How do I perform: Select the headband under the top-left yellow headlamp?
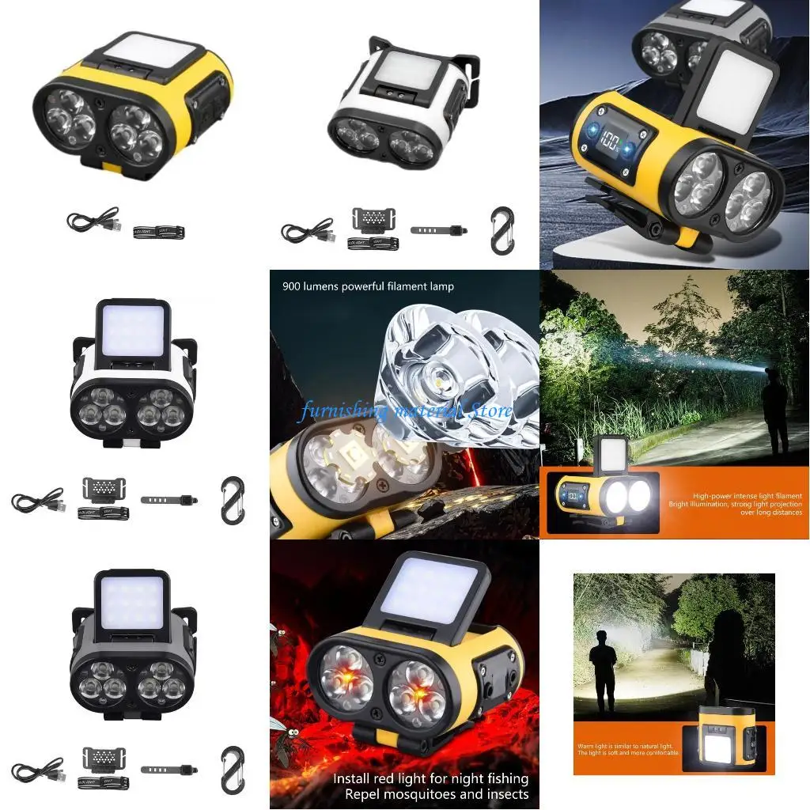158,232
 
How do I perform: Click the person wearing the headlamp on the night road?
774,411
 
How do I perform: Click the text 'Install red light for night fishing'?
430,778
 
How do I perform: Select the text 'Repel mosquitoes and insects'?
430,794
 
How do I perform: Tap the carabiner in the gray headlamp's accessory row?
233,770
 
